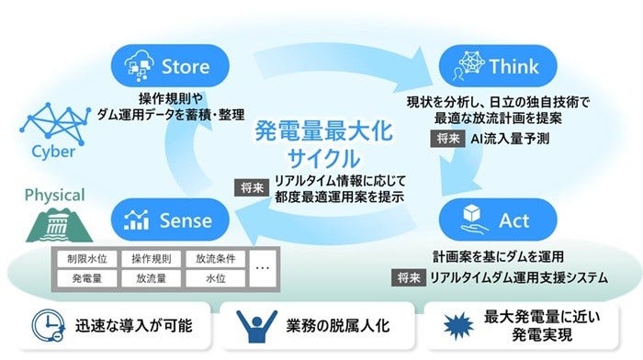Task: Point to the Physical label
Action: pos(53,195)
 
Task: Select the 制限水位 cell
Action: pos(87,259)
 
